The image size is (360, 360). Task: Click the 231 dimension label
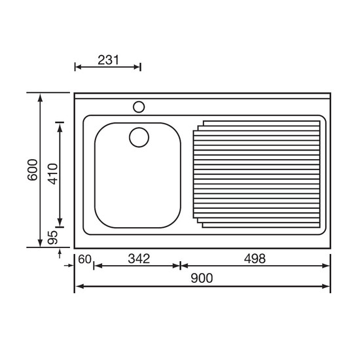click(x=109, y=60)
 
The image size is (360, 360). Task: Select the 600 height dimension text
click(x=32, y=170)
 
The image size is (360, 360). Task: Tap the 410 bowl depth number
click(x=52, y=174)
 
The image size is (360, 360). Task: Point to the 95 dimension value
click(x=52, y=238)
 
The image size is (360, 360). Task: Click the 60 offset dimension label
click(x=84, y=259)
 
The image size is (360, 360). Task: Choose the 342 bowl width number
click(x=139, y=259)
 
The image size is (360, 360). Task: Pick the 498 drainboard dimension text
click(x=255, y=259)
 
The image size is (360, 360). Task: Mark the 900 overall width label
click(x=202, y=278)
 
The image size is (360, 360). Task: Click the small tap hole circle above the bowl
click(x=139, y=107)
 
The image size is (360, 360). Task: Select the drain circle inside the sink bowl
click(x=139, y=137)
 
